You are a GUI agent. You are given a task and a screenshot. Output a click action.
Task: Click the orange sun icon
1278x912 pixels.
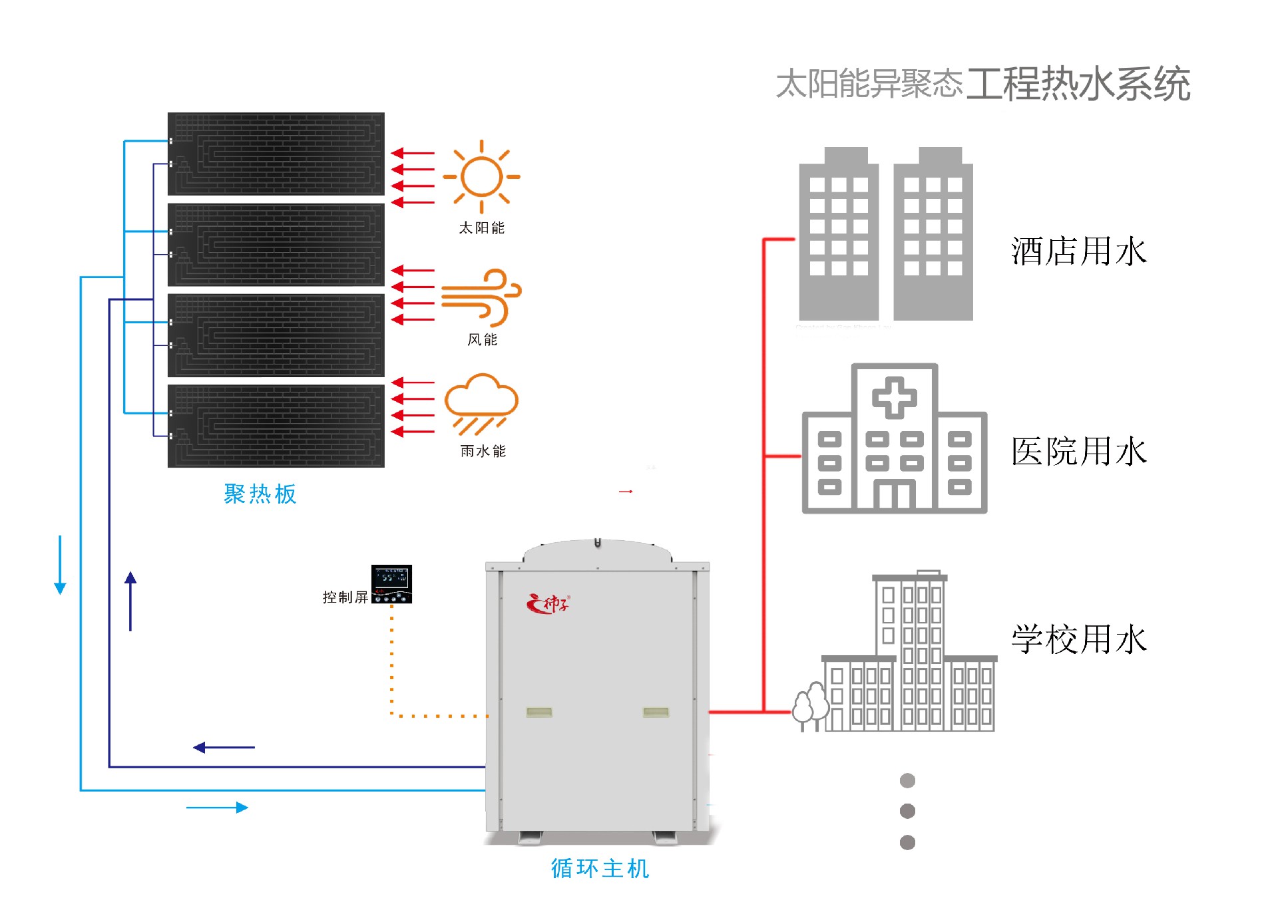pyautogui.click(x=481, y=177)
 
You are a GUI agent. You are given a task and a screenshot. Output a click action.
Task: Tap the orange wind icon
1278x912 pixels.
pyautogui.click(x=481, y=297)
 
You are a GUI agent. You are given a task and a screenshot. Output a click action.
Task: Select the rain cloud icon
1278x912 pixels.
pyautogui.click(x=481, y=403)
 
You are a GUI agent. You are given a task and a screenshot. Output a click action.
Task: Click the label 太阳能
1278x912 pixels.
pyautogui.click(x=481, y=228)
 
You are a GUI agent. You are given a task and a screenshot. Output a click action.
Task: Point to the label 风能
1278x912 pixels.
pyautogui.click(x=482, y=340)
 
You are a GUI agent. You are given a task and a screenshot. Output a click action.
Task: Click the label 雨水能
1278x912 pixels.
pyautogui.click(x=483, y=452)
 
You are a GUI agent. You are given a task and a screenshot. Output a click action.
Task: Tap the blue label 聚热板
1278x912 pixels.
pyautogui.click(x=260, y=494)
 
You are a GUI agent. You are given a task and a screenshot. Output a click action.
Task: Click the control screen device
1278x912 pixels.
pyautogui.click(x=391, y=584)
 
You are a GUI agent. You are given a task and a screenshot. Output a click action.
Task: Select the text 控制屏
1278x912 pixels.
pyautogui.click(x=345, y=597)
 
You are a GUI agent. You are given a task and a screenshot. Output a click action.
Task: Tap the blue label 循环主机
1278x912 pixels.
pyautogui.click(x=600, y=869)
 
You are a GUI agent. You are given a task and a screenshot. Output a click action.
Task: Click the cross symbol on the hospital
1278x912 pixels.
pyautogui.click(x=894, y=398)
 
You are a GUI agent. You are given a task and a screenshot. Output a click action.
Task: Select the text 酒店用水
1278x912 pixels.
pyautogui.click(x=1078, y=252)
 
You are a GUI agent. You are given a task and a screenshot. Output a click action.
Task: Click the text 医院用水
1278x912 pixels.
pyautogui.click(x=1078, y=452)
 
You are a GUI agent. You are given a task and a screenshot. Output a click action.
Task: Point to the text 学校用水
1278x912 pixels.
pyautogui.click(x=1078, y=639)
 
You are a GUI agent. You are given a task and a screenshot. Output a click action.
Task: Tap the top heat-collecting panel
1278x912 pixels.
pyautogui.click(x=276, y=154)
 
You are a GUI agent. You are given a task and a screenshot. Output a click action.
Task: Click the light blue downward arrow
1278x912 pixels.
pyautogui.click(x=60, y=565)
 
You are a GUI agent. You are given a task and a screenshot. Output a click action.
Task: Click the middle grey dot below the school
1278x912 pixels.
pyautogui.click(x=907, y=811)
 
